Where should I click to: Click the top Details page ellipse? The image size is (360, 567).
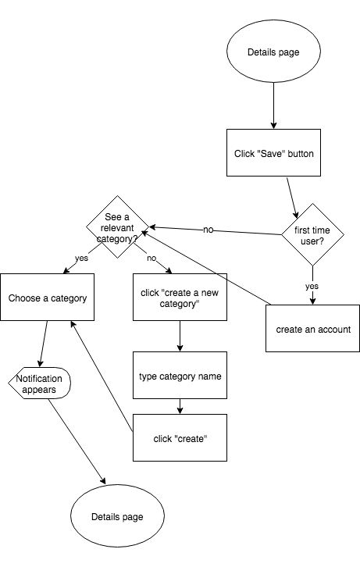(273, 52)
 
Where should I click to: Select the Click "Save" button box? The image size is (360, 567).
(273, 152)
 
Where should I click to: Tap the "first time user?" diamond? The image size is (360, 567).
(312, 234)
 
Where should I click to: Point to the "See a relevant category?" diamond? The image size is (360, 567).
(117, 227)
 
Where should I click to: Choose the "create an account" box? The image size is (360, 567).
(312, 328)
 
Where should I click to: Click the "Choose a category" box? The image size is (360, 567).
(48, 298)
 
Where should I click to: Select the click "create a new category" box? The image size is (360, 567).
(180, 298)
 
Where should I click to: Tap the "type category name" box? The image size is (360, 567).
(180, 376)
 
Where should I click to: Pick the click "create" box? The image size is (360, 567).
(180, 438)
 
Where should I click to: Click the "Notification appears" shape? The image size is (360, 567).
(39, 383)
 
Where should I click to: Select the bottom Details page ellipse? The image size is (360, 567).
(117, 516)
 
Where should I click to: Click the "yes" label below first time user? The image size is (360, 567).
(312, 287)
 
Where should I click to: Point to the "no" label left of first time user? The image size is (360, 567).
(209, 230)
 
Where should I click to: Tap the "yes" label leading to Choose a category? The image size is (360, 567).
(81, 259)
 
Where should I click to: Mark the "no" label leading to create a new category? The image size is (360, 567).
(151, 259)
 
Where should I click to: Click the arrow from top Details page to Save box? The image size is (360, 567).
(273, 105)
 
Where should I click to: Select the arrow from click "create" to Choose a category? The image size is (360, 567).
(102, 376)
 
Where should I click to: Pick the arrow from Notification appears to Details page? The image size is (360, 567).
(77, 441)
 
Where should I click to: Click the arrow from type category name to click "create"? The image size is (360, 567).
(180, 406)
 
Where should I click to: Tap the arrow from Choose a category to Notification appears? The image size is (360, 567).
(44, 344)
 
